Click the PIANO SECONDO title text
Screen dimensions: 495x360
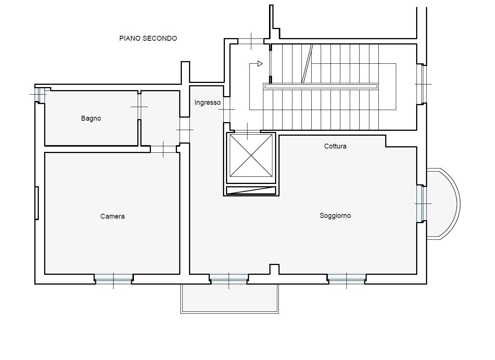pos(148,38)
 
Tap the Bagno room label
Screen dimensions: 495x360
pos(91,118)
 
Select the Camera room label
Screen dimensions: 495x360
pos(112,216)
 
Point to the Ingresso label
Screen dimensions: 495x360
pos(208,103)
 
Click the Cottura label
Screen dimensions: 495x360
pos(335,146)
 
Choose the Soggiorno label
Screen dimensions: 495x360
pos(335,216)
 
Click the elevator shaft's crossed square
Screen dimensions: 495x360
pos(251,155)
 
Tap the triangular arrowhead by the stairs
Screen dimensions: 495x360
pos(260,64)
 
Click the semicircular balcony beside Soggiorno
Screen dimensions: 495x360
pos(443,204)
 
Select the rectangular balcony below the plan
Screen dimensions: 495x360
pos(230,299)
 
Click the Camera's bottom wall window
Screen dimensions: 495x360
pos(114,279)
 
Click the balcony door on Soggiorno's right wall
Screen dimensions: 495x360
pos(422,204)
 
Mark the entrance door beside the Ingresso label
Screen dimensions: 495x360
pos(227,109)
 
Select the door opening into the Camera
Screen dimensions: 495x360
pos(163,149)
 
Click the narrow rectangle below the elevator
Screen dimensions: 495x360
pos(251,190)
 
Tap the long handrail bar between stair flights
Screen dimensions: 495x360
pos(321,86)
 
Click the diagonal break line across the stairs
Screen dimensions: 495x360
pos(307,64)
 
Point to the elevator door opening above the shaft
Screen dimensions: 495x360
pos(247,132)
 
